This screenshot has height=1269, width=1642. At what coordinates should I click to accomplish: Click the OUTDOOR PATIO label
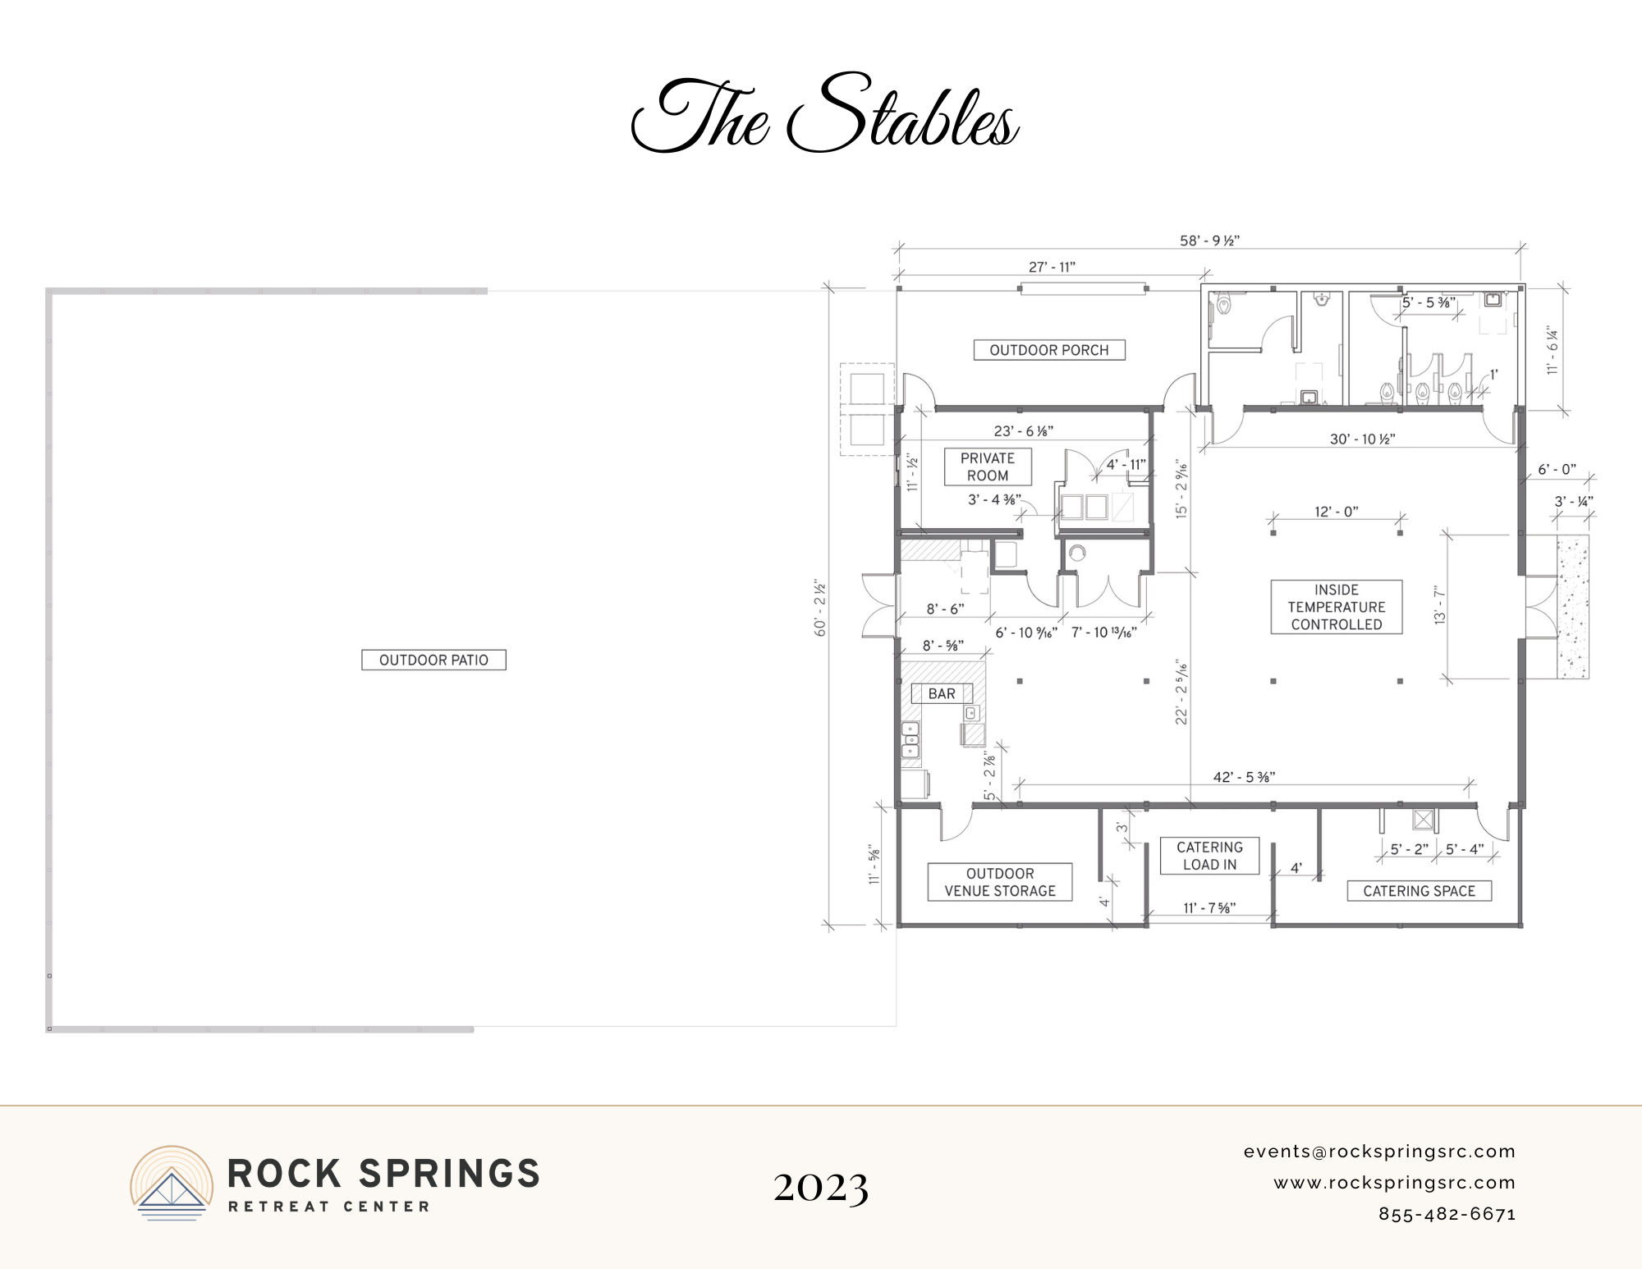[x=433, y=660]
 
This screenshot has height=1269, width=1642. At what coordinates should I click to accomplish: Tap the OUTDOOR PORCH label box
[x=1049, y=350]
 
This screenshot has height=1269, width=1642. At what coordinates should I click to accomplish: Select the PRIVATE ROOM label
[x=988, y=467]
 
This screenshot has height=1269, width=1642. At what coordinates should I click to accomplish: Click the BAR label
[x=942, y=693]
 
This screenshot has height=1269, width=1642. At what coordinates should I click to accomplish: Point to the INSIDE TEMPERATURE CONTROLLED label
[x=1337, y=607]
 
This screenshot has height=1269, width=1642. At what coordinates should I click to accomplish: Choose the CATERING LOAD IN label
[x=1209, y=856]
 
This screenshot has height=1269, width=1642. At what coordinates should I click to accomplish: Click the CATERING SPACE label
[x=1420, y=891]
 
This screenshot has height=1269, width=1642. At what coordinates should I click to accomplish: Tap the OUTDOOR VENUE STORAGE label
[x=1000, y=882]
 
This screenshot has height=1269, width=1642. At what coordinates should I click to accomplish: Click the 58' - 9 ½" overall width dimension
[x=1210, y=241]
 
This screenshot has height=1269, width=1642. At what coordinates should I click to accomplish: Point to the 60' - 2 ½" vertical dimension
[x=820, y=609]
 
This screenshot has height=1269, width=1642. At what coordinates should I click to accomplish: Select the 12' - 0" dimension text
[x=1337, y=512]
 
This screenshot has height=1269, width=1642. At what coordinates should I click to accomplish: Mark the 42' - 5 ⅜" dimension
[x=1245, y=777]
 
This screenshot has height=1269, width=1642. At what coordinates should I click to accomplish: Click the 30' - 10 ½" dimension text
[x=1363, y=439]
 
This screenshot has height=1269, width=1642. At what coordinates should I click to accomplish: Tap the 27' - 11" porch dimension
[x=1052, y=267]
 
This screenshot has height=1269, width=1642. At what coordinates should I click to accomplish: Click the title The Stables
[x=824, y=115]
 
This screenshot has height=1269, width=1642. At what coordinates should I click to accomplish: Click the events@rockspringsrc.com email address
[x=1379, y=1152]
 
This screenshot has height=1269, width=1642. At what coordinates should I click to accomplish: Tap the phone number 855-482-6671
[x=1447, y=1214]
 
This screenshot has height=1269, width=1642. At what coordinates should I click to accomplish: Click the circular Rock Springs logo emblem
[x=172, y=1183]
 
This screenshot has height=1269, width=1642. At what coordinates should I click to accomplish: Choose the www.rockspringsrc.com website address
[x=1395, y=1183]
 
